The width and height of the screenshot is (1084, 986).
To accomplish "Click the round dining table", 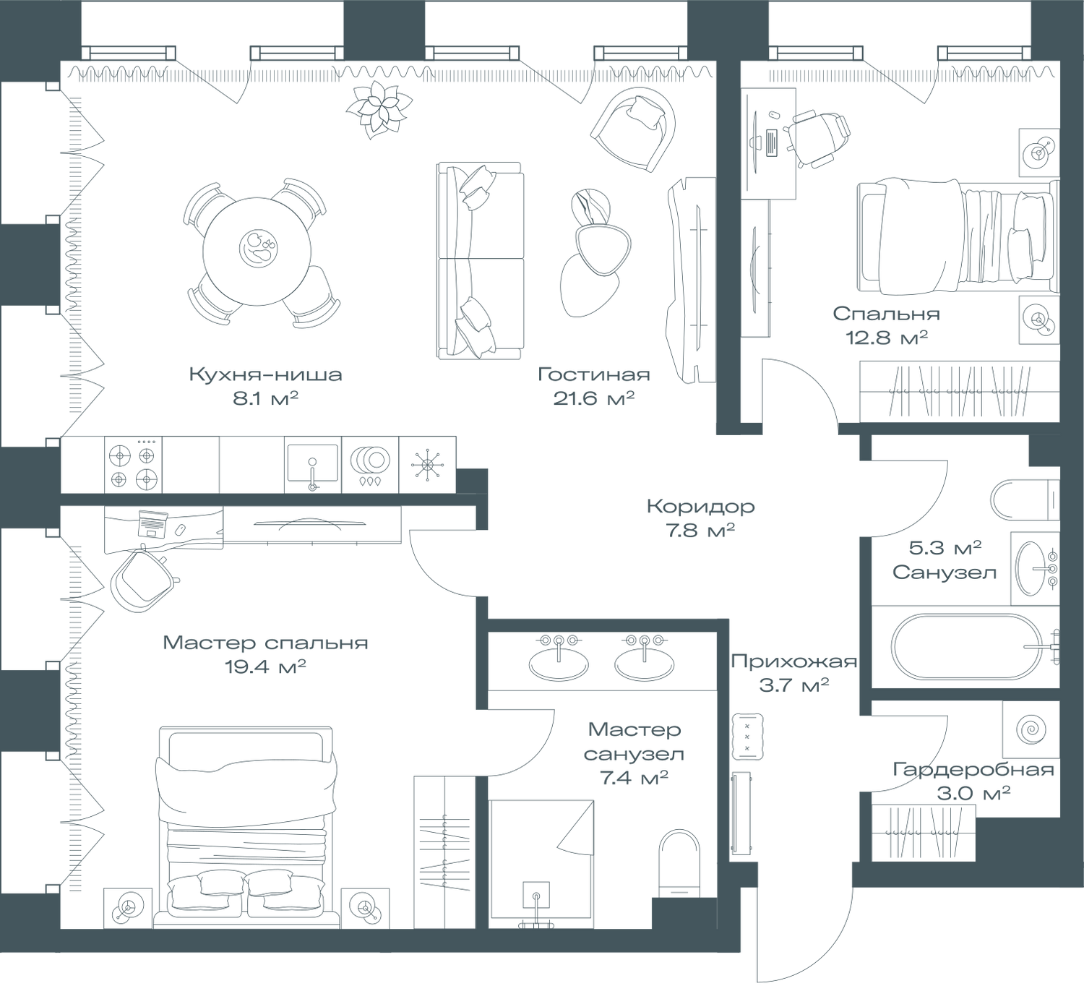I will click(258, 250).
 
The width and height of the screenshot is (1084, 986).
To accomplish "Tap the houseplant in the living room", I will click(377, 108).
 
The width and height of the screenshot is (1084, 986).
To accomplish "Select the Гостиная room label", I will click(594, 375).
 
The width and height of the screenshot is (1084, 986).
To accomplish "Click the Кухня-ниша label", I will click(264, 375).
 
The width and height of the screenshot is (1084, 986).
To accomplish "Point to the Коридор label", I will click(700, 506).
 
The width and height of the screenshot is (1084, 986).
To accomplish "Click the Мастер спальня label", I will click(265, 643).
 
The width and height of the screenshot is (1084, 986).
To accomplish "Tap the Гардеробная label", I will click(973, 771).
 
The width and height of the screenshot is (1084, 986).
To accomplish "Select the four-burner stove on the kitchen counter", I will click(133, 466).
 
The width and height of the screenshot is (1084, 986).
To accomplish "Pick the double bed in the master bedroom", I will click(246, 824).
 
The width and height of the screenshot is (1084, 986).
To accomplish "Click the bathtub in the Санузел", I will click(965, 647).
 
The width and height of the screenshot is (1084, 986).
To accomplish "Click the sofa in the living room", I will click(479, 260).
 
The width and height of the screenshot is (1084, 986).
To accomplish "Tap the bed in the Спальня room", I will click(954, 238).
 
